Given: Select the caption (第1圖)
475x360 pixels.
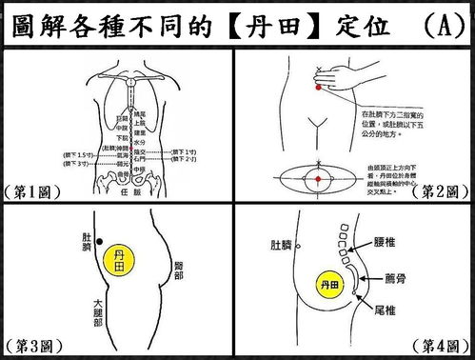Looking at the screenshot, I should click(x=31, y=191).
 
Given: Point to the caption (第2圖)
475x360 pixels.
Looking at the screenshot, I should click(x=441, y=191).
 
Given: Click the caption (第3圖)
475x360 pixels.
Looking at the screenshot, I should click(x=31, y=344).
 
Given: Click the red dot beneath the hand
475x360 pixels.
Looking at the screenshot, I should click(x=315, y=88).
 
